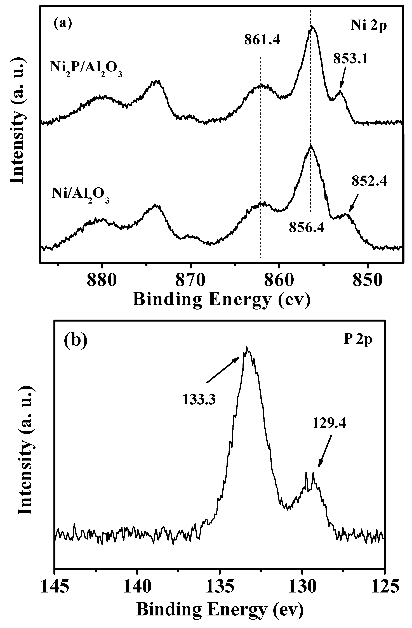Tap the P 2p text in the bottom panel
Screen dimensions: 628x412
click(358, 340)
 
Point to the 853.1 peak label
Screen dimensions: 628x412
click(350, 59)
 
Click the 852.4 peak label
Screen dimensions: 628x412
click(369, 181)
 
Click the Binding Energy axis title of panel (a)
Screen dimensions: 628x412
click(222, 300)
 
